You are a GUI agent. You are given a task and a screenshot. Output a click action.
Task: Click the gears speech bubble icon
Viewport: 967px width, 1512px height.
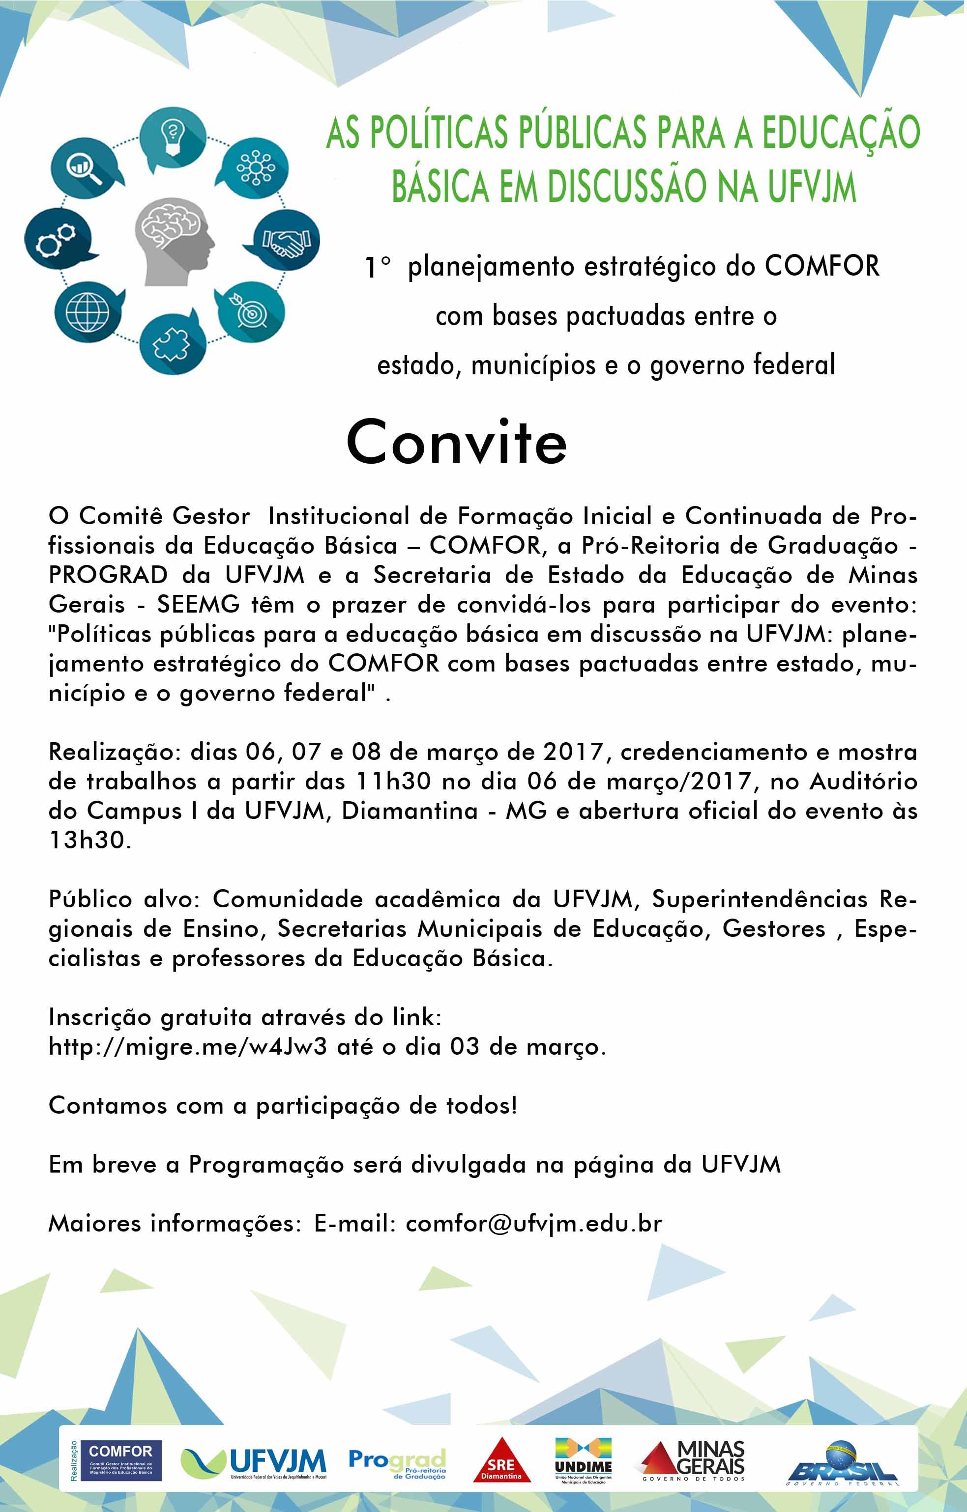pos(55,240)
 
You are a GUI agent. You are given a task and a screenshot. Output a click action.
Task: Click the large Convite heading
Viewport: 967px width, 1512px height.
pos(456,443)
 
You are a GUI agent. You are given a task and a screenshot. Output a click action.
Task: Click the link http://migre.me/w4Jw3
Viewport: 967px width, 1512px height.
pos(187,1047)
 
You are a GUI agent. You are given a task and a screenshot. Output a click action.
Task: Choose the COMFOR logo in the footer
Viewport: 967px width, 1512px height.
pos(120,1459)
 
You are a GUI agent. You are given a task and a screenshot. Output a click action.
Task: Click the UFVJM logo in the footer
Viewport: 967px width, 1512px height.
pos(253,1460)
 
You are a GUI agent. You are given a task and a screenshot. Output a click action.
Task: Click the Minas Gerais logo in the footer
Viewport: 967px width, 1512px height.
pos(693,1460)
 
